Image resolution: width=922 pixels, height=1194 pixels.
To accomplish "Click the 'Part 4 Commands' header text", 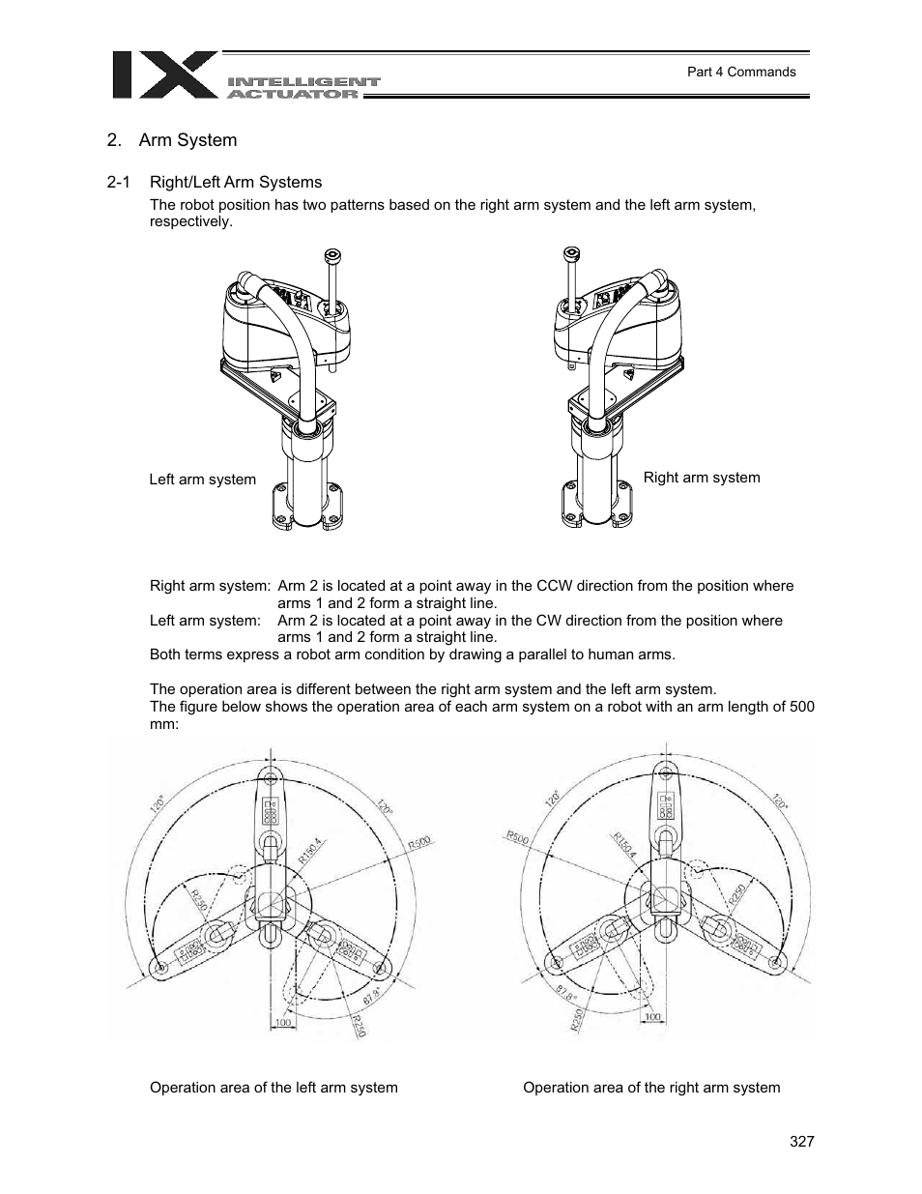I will pyautogui.click(x=740, y=72).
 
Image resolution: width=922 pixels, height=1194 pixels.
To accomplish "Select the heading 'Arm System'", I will pyautogui.click(x=187, y=140).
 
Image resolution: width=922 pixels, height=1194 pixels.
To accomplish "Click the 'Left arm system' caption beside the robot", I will pyautogui.click(x=202, y=480).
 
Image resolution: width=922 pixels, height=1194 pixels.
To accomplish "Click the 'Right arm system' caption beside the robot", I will pyautogui.click(x=702, y=478).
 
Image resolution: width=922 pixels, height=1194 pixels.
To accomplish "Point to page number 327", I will pyautogui.click(x=801, y=1142).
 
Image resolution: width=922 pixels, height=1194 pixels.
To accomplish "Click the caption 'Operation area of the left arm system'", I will pyautogui.click(x=274, y=1088).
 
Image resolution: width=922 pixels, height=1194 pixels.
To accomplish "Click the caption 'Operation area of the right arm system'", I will pyautogui.click(x=651, y=1088).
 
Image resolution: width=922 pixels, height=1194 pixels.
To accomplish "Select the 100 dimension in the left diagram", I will pyautogui.click(x=282, y=1022).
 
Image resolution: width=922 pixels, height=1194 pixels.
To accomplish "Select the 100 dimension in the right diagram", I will pyautogui.click(x=652, y=1017).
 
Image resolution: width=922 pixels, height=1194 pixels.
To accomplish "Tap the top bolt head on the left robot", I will pyautogui.click(x=333, y=256).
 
